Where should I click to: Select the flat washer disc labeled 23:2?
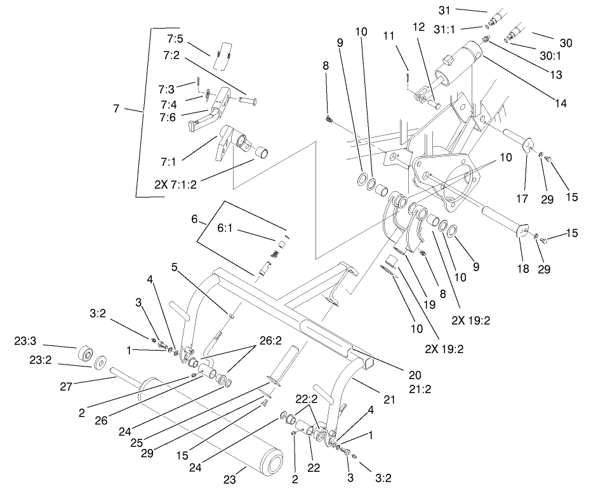pyautogui.click(x=100, y=365)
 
